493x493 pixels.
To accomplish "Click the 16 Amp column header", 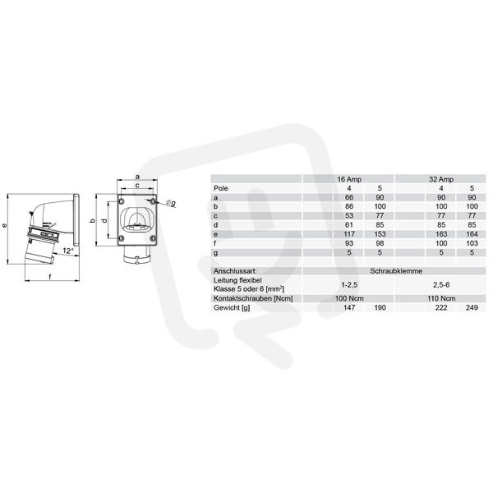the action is point(349,179).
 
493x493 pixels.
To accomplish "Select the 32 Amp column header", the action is point(441,179).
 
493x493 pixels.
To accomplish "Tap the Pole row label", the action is point(221,188).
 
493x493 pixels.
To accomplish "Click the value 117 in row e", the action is point(349,234).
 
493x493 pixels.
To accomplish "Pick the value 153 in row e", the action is point(380,234).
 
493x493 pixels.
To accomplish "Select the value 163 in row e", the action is point(441,234).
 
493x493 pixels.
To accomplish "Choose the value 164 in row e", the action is point(472,234).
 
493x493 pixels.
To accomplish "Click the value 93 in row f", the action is point(349,243).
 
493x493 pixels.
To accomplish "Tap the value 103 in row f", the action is point(472,243).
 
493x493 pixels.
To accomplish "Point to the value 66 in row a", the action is point(349,197).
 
